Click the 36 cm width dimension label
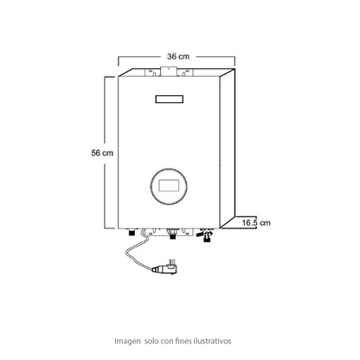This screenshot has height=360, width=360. pos(178,56)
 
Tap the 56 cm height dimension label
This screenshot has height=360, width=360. pos(102,152)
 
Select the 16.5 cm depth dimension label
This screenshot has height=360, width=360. pos(256,222)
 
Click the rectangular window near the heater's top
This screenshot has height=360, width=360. pos(170,99)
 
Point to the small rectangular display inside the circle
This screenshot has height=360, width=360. pos(169,185)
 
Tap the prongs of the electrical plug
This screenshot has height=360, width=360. pos(170,261)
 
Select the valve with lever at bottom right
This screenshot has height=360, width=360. pos(205,235)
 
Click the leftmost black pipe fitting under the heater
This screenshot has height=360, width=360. pos(132,232)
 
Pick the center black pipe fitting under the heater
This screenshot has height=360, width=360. pos(172,234)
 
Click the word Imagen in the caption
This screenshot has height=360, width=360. pos(127,341)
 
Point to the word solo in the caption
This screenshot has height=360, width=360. pos(151,341)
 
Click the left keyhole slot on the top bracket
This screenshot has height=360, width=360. pos(154,74)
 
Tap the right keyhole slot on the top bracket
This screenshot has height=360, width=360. pos(183,74)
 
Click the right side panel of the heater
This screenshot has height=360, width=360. pos(228,148)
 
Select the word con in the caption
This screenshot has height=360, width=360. pos(167,341)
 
